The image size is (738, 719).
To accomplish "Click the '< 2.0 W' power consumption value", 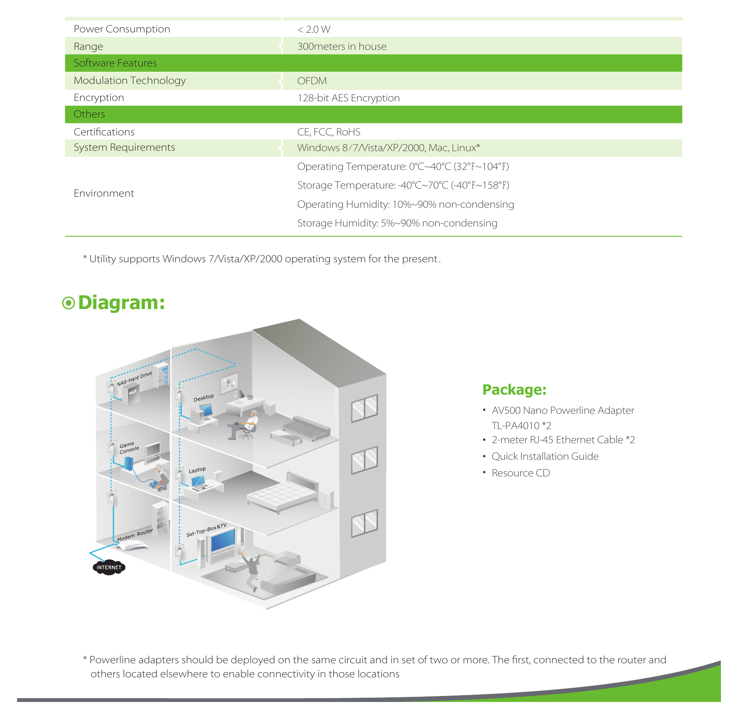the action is click(314, 29).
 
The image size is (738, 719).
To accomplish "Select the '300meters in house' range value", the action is click(342, 46).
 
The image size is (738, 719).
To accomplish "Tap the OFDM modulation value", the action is click(312, 81).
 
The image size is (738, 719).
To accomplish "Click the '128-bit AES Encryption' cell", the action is click(349, 98).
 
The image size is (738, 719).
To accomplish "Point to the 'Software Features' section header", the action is click(115, 63).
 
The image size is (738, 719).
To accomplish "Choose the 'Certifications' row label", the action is click(104, 132).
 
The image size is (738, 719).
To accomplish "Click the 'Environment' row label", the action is click(104, 193).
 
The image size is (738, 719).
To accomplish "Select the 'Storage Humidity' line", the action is click(397, 223).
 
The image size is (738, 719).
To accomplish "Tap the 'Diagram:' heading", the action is click(121, 303).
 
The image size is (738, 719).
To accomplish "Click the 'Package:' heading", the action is click(514, 390).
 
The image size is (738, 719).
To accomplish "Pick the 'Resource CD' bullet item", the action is click(521, 473).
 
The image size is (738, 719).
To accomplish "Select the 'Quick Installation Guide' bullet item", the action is click(545, 456).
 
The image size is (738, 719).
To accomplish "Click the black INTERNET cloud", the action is click(109, 567).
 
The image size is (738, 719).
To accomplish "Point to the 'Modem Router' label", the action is click(135, 535).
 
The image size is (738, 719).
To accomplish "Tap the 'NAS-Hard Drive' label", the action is click(134, 379).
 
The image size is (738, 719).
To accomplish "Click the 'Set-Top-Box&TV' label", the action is click(206, 530).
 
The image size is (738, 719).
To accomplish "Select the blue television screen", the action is click(223, 540).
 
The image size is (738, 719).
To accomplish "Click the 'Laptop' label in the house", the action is click(197, 470).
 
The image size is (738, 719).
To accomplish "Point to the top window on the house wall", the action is click(364, 408).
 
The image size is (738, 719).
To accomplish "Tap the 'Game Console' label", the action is click(129, 448).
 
